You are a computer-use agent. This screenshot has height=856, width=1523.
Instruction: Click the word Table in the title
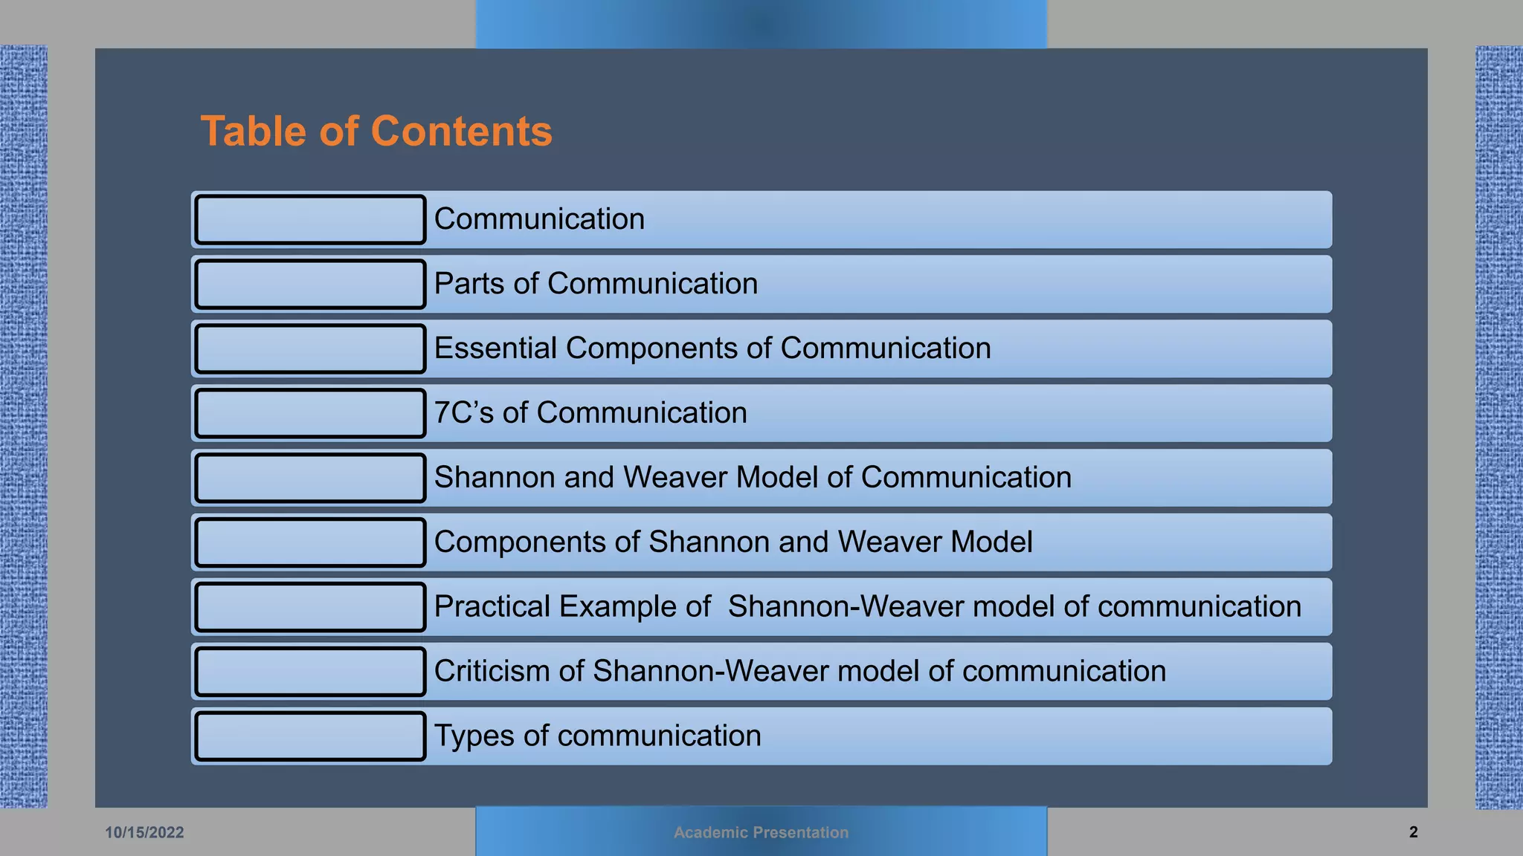click(x=254, y=132)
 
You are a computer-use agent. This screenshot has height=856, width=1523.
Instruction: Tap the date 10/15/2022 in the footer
click(x=144, y=832)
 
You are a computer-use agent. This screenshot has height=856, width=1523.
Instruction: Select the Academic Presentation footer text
click(x=761, y=832)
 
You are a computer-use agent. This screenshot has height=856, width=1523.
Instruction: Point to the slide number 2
click(x=1413, y=832)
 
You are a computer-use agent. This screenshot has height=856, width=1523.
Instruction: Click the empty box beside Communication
click(x=310, y=219)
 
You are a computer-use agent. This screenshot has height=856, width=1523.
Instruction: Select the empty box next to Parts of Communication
click(x=310, y=284)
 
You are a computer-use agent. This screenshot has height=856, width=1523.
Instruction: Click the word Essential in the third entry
click(x=495, y=348)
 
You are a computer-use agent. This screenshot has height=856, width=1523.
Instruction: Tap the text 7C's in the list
click(x=463, y=413)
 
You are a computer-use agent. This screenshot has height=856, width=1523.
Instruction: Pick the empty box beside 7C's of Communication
click(x=310, y=413)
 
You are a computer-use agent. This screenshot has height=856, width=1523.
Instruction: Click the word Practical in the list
click(x=492, y=607)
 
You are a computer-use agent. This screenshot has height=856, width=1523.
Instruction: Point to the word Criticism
click(x=492, y=672)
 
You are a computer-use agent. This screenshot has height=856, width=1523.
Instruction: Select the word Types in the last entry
click(x=474, y=736)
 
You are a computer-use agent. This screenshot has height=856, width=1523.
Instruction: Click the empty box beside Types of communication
click(x=310, y=736)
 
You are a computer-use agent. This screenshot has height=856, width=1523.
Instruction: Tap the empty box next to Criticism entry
click(x=310, y=672)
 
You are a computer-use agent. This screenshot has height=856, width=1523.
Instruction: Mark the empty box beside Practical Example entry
click(x=310, y=607)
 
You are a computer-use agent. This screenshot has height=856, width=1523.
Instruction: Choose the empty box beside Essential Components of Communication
click(x=310, y=348)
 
